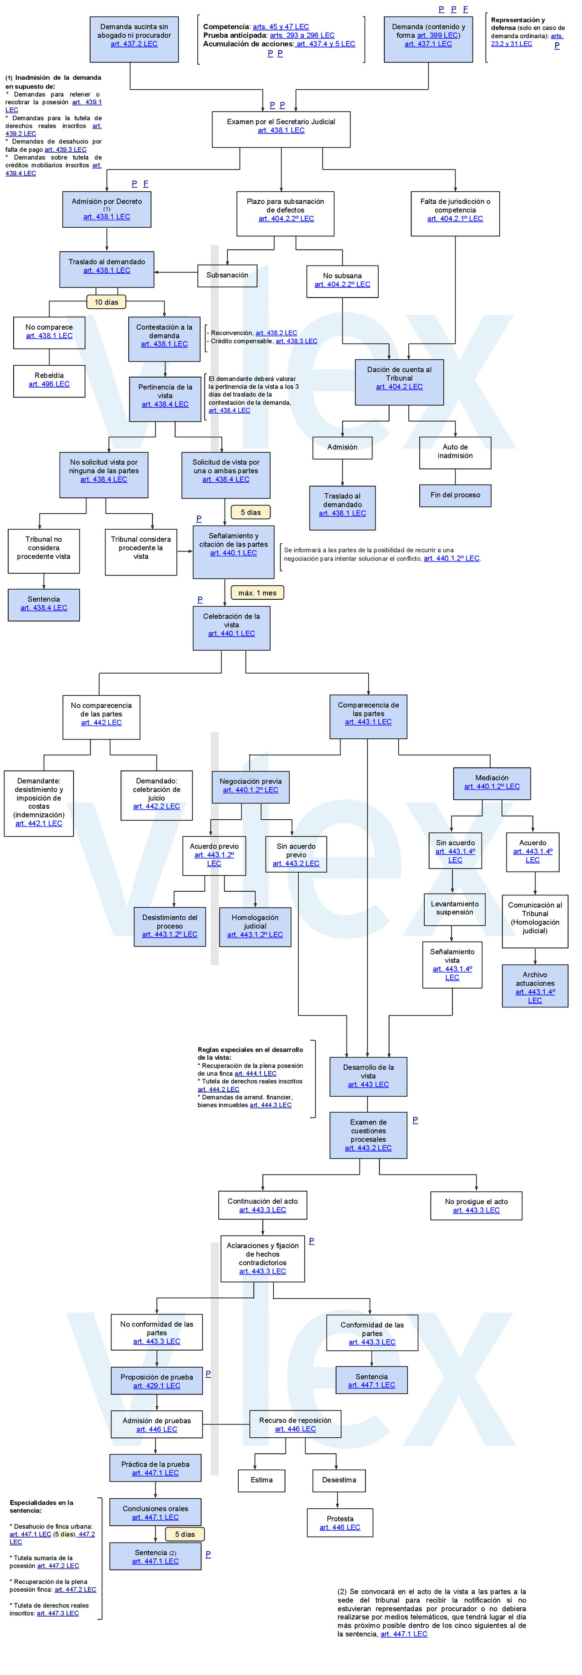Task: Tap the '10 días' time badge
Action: pyautogui.click(x=106, y=301)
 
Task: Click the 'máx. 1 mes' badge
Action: pyautogui.click(x=257, y=592)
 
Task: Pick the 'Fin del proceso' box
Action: pyautogui.click(x=455, y=495)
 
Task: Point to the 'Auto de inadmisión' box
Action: pyautogui.click(x=455, y=451)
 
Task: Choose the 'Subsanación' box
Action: pyautogui.click(x=227, y=275)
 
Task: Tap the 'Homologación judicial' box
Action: pyautogui.click(x=255, y=926)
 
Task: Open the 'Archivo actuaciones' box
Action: pyautogui.click(x=535, y=986)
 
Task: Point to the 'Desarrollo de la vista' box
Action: pyautogui.click(x=368, y=1076)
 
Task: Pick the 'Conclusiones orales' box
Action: pyautogui.click(x=155, y=1512)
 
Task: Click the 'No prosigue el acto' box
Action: pyautogui.click(x=476, y=1205)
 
